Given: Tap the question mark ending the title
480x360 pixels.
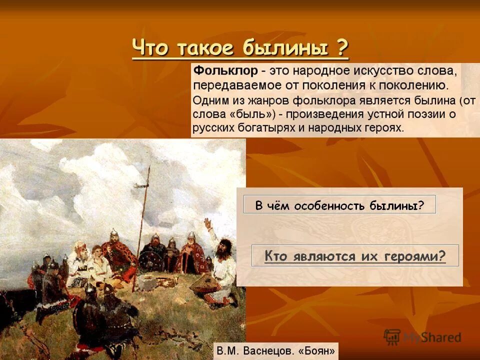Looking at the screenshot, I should click(342, 49).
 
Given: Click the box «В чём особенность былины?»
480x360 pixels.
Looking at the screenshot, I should click(339, 204).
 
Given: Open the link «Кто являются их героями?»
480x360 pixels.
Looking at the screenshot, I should click(354, 256).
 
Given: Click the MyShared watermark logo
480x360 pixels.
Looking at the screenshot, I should click(422, 336).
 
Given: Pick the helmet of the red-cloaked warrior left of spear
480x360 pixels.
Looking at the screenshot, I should click(114, 232).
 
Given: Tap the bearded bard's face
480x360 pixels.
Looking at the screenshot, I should click(223, 247).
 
